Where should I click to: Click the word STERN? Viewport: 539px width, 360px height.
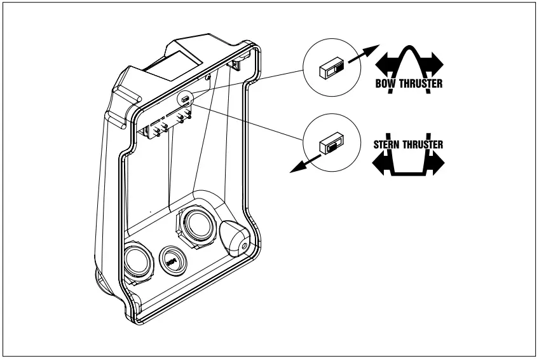tap(386, 144)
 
